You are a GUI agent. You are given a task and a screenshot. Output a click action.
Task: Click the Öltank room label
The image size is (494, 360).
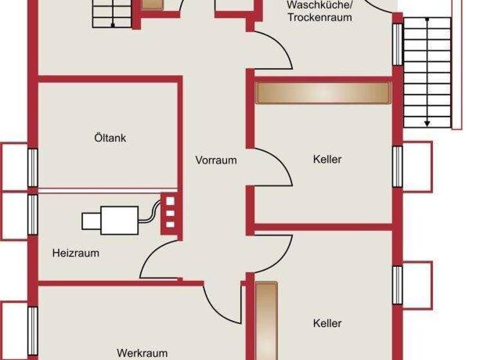click(x=110, y=138)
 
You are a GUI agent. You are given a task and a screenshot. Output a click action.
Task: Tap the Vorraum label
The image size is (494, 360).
click(x=216, y=160)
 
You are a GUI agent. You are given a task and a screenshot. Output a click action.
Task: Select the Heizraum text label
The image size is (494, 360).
click(x=76, y=253)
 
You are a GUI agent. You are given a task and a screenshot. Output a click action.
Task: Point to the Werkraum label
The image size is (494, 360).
click(x=142, y=352)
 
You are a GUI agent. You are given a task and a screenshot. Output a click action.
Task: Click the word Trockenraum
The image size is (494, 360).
click(x=320, y=17)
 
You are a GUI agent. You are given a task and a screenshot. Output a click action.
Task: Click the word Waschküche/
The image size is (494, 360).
click(x=319, y=5)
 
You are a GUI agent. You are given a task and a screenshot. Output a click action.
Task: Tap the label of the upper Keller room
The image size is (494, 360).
click(x=327, y=159)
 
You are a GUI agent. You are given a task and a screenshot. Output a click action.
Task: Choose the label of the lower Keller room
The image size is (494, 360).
click(x=327, y=323)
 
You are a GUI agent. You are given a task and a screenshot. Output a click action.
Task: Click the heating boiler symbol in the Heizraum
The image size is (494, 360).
click(x=110, y=220)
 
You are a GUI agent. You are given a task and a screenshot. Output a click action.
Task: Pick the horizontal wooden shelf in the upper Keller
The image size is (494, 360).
click(x=324, y=93)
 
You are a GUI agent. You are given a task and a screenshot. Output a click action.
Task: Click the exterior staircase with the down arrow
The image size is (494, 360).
click(x=426, y=71)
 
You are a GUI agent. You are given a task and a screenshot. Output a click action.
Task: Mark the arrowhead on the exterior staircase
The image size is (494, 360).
click(x=426, y=122)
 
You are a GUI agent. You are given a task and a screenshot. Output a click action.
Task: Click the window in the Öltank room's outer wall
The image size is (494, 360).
click(x=32, y=167)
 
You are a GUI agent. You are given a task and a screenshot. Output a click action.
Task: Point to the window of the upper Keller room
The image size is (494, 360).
click(x=398, y=166)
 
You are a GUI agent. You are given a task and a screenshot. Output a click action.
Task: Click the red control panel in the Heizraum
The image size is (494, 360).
click(x=170, y=212)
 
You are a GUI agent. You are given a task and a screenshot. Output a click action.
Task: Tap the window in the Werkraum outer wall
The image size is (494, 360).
click(x=32, y=325)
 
